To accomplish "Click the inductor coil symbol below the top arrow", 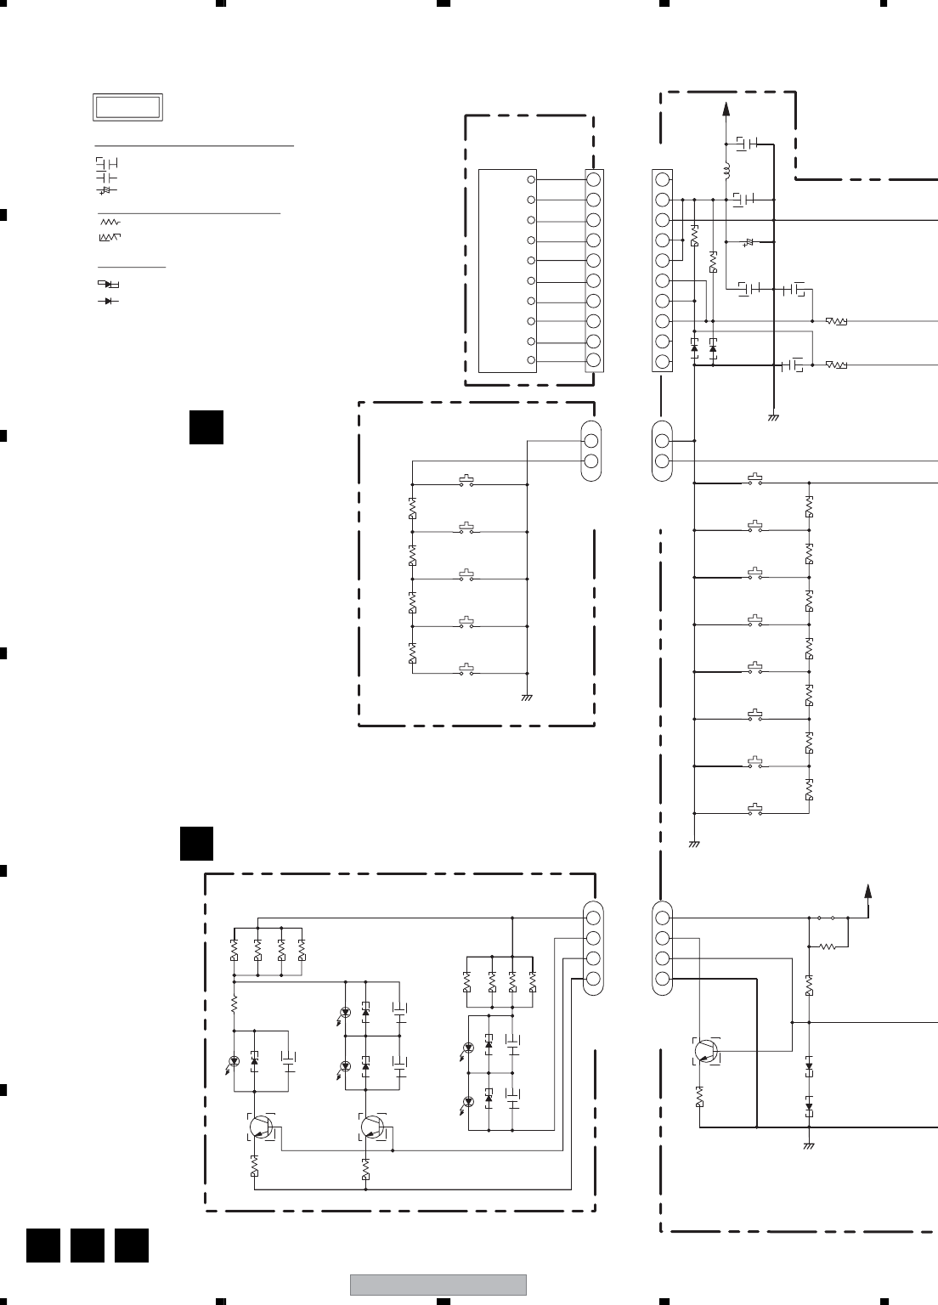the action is click(726, 172).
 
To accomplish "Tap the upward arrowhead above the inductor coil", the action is click(726, 107).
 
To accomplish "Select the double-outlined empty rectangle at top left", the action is click(127, 108).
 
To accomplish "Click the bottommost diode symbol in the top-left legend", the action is click(108, 301).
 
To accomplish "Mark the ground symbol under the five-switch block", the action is click(527, 698).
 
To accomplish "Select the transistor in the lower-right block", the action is click(705, 1051).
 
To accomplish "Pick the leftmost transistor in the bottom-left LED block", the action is click(259, 1127).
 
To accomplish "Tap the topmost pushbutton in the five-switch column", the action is click(466, 482).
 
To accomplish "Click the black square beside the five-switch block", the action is click(206, 427).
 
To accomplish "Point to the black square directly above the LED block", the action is click(196, 843).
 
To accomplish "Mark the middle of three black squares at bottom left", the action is click(87, 1245).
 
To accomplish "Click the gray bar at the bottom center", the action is click(438, 1285).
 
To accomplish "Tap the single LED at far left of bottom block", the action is click(234, 1060).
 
